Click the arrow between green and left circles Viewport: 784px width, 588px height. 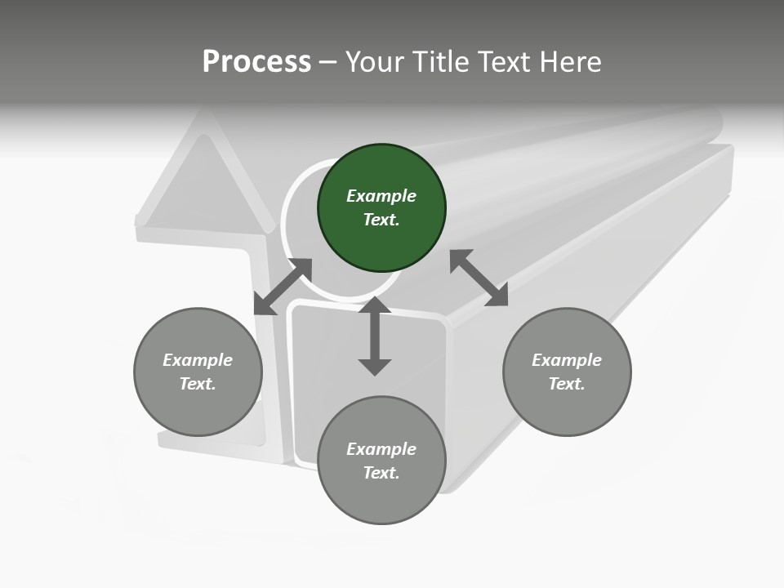tap(283, 287)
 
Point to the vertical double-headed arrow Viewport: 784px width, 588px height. tap(375, 336)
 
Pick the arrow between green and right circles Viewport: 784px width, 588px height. tap(479, 278)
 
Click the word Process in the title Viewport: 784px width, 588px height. tap(256, 61)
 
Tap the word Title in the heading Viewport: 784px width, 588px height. tap(439, 61)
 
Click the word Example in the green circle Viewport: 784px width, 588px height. tap(381, 196)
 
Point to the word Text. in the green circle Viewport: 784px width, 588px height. tap(381, 220)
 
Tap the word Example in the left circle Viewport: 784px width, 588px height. tap(198, 360)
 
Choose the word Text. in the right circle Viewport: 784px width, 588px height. tap(567, 384)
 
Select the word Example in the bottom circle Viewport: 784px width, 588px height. tap(381, 449)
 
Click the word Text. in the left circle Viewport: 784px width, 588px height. tap(198, 384)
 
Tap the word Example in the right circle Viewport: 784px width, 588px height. tap(567, 360)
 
